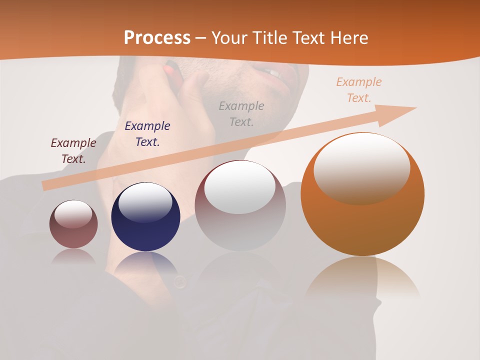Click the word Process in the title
157,38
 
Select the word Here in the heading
349,38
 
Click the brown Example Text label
73,150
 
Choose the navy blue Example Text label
147,133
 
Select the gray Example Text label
241,113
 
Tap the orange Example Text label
359,90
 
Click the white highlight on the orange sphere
361,167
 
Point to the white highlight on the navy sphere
145,201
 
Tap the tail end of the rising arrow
46,185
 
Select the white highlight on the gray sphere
240,187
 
